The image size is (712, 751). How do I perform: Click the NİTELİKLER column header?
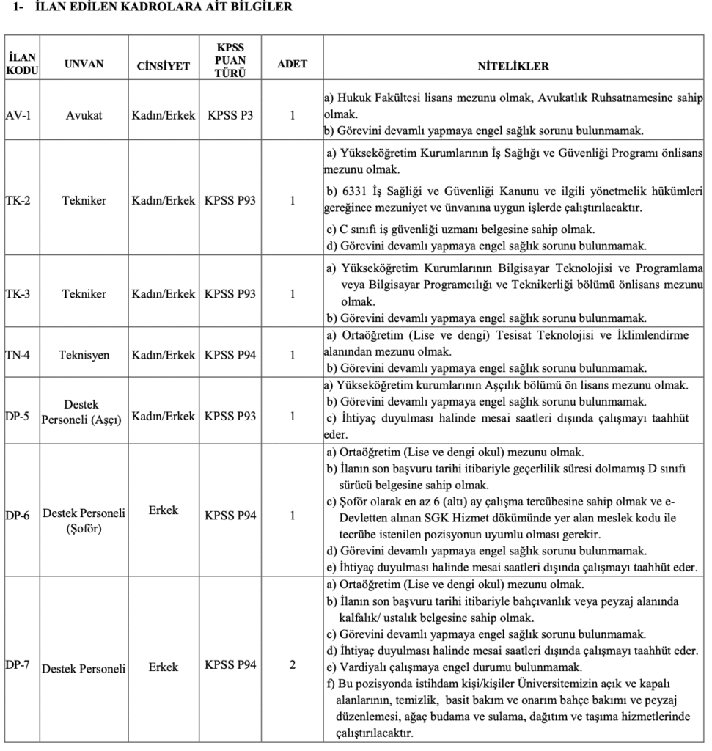pyautogui.click(x=513, y=65)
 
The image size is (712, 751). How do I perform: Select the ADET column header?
pyautogui.click(x=292, y=64)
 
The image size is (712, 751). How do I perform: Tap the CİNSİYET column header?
pyautogui.click(x=163, y=66)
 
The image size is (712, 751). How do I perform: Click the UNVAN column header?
pyautogui.click(x=84, y=64)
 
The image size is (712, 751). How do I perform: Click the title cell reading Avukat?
pyautogui.click(x=84, y=115)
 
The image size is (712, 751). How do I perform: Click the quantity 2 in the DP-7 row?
pyautogui.click(x=292, y=665)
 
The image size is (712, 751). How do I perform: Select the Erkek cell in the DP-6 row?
pyautogui.click(x=163, y=510)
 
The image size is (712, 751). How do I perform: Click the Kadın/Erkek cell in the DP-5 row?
pyautogui.click(x=163, y=416)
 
